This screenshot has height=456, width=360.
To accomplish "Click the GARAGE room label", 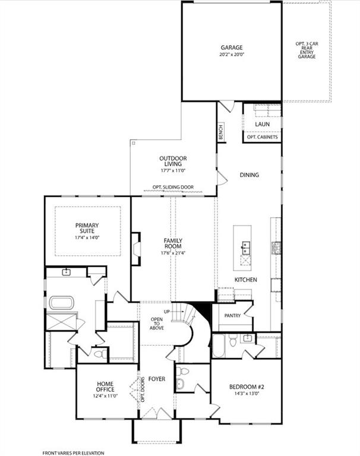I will pos(232,47).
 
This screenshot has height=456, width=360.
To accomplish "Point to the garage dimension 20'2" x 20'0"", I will pos(232,54).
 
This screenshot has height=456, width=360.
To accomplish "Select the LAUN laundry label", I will pos(262,124).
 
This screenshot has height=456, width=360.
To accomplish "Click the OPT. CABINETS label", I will pos(262,137).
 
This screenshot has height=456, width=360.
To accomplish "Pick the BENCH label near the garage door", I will pos(221,132).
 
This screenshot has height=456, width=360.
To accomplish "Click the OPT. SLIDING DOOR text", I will pos(173,187).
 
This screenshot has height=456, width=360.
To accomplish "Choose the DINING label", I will pos(250,175).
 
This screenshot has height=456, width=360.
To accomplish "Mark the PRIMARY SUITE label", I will pos(87,229).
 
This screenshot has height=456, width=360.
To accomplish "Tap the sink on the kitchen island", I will pos(246,245).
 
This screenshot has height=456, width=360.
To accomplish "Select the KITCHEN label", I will pos(245,279).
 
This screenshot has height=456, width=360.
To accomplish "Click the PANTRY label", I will pos(232,315).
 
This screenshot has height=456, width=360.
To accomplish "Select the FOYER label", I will pos(157,379).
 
